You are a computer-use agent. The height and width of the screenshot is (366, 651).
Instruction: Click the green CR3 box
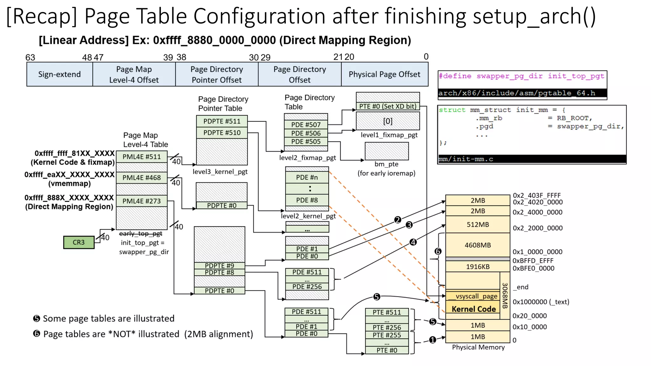point(79,242)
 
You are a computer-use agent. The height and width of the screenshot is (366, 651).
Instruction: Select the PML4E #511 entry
point(141,157)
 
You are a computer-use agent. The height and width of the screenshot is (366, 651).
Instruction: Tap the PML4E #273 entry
point(141,201)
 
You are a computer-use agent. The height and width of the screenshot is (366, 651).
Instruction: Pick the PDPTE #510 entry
point(222,133)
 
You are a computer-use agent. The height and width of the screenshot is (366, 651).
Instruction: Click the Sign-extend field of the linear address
point(59,74)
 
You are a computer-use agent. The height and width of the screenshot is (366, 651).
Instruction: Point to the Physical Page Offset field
point(384,74)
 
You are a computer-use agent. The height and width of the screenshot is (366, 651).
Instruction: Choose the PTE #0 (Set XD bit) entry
point(387,106)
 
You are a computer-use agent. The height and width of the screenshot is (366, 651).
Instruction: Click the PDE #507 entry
point(305,125)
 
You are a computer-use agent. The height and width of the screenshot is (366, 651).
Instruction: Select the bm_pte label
point(386,164)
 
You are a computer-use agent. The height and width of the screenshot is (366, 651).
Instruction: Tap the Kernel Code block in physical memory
point(473,309)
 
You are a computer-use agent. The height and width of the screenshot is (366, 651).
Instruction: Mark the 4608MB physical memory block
point(477,245)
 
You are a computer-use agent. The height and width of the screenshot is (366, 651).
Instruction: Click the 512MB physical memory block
point(477,225)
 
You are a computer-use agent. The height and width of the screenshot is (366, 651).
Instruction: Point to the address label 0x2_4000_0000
point(537,212)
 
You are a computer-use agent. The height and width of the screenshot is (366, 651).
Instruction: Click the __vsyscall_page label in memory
point(473,296)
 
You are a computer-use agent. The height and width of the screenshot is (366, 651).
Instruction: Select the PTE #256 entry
point(387,328)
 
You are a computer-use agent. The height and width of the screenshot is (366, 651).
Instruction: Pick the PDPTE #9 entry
point(219,266)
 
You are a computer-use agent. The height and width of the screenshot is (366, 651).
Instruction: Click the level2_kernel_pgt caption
point(308,216)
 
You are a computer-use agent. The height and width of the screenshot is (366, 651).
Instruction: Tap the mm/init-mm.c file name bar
point(531,159)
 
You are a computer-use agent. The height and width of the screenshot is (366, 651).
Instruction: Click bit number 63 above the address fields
point(30,58)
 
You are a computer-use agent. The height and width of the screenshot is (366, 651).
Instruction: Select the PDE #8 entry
point(307,200)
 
